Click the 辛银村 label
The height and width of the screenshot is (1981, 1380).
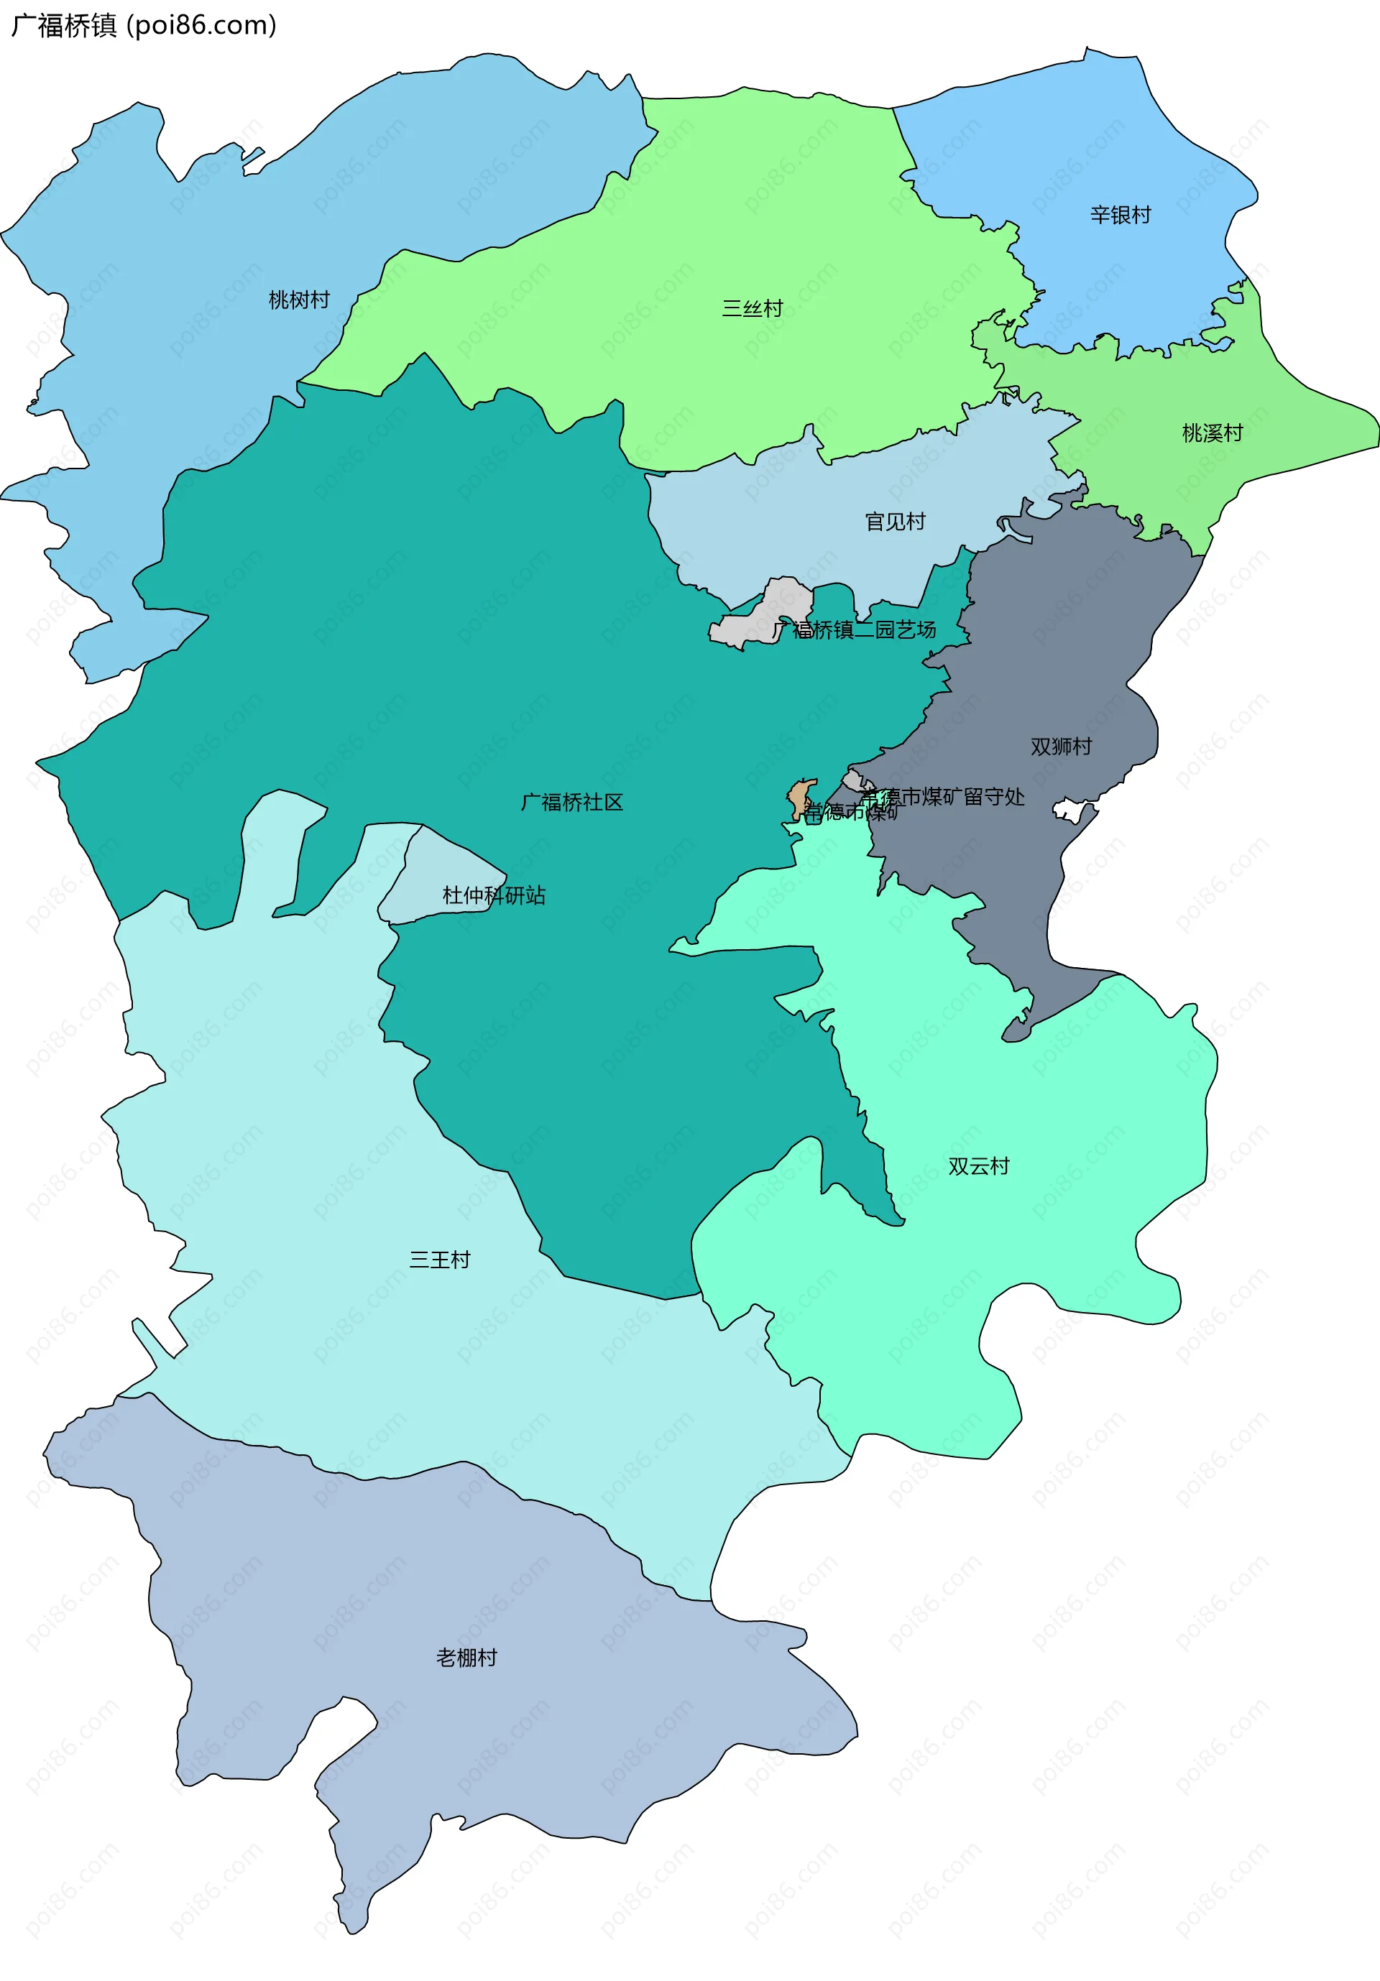(1121, 215)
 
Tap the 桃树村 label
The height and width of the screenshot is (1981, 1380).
(298, 300)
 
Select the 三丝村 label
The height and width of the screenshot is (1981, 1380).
(752, 308)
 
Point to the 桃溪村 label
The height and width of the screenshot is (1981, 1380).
(1212, 433)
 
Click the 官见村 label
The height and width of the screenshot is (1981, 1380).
(895, 521)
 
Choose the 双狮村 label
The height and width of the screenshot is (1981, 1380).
(1061, 747)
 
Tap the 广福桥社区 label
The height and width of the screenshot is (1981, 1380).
(571, 803)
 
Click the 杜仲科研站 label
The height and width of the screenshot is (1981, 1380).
(494, 895)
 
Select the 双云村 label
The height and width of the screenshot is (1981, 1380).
(977, 1166)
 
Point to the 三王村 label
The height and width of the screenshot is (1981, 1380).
(439, 1260)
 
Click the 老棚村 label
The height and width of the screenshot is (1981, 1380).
(466, 1658)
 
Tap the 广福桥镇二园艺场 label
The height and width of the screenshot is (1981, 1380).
(855, 630)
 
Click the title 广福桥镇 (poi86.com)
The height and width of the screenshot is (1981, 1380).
(143, 25)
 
